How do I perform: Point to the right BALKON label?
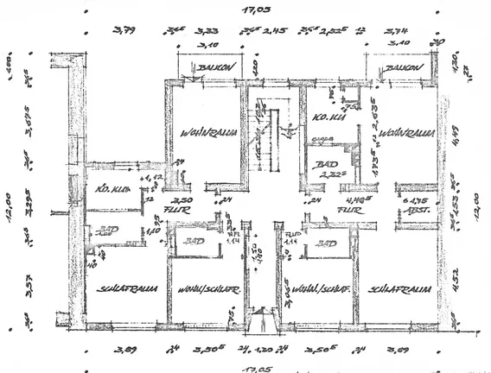pos(403,66)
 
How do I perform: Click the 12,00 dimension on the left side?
pos(13,207)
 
